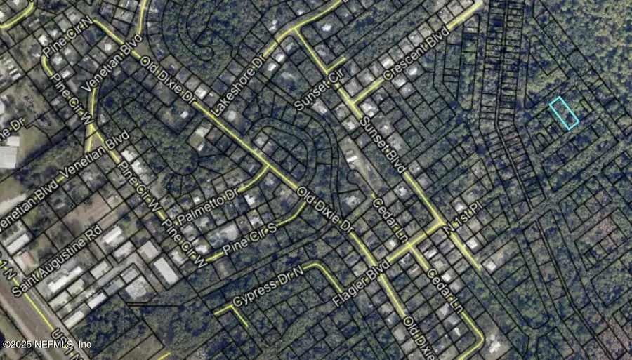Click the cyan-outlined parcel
pyautogui.click(x=564, y=113)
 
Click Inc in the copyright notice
pyautogui.click(x=84, y=345)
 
